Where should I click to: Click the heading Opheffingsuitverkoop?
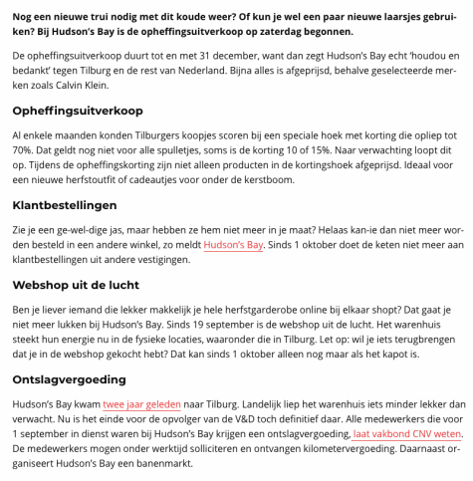click(x=78, y=110)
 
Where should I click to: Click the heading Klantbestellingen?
click(x=65, y=205)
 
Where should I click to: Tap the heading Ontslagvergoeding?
click(x=69, y=379)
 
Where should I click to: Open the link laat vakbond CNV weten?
click(x=406, y=433)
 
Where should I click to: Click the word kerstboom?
click(x=266, y=179)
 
